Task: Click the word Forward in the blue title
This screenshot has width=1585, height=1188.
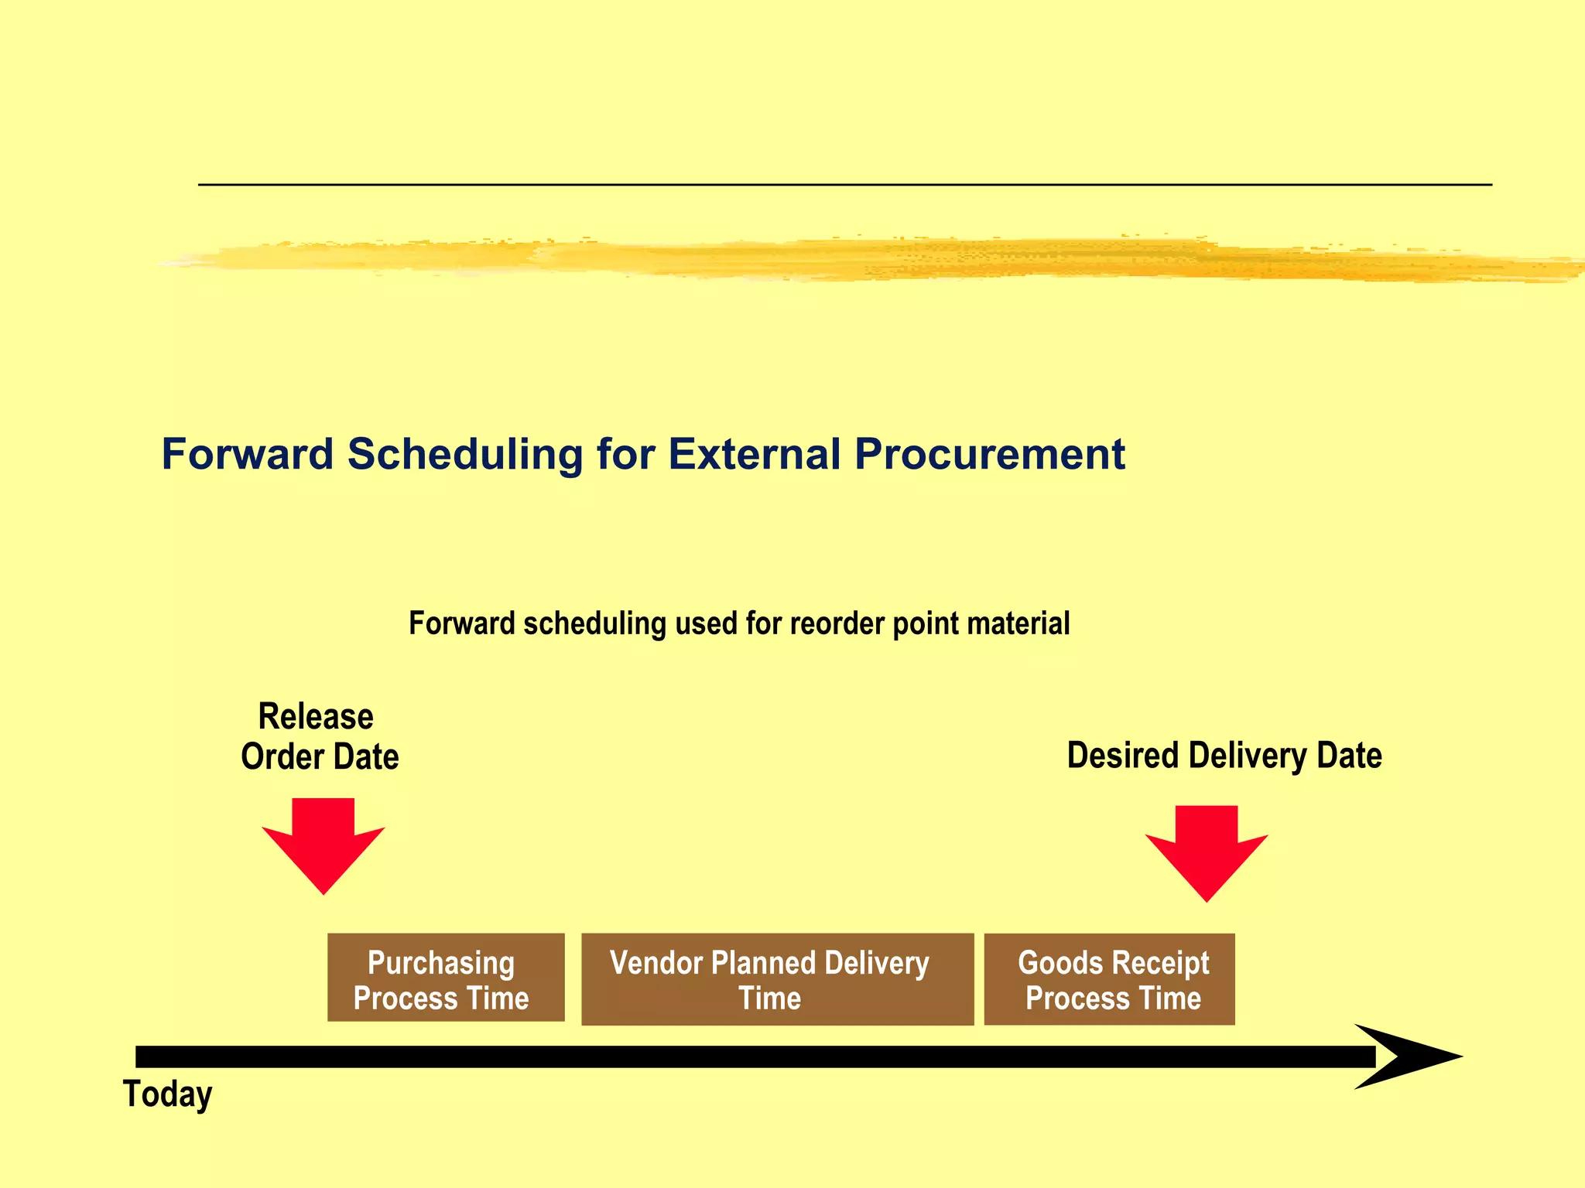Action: point(247,454)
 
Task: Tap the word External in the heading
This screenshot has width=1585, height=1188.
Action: point(754,454)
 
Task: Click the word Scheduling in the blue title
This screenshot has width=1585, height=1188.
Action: point(464,454)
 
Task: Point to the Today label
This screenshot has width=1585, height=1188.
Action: point(167,1094)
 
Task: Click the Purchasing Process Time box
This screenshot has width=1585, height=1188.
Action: point(446,978)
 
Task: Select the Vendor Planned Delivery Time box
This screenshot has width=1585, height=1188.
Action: point(777,979)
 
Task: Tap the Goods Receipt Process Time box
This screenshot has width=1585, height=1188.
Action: point(1109,979)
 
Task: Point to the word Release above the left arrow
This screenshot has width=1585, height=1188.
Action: point(316,716)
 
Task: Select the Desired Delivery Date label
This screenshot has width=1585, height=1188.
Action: point(1224,756)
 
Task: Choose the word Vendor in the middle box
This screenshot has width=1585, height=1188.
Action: point(656,963)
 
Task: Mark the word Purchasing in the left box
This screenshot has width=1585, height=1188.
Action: point(440,963)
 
